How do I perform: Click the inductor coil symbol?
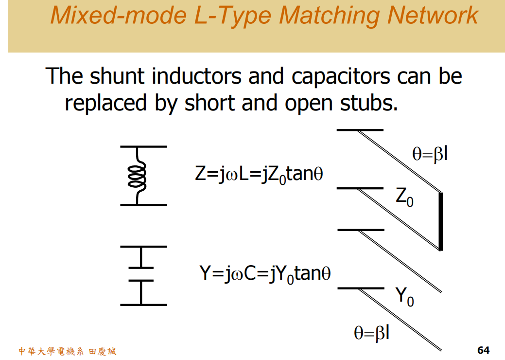point(137,175)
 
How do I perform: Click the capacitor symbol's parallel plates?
point(141,274)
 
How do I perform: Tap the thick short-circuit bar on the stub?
point(440,221)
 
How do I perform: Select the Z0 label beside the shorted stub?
point(404,197)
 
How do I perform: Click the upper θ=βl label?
point(430,154)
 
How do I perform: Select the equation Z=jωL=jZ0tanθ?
point(259,175)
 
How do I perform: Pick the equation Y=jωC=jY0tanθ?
point(265,274)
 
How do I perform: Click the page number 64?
point(483,350)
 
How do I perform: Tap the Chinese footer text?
point(67,351)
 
